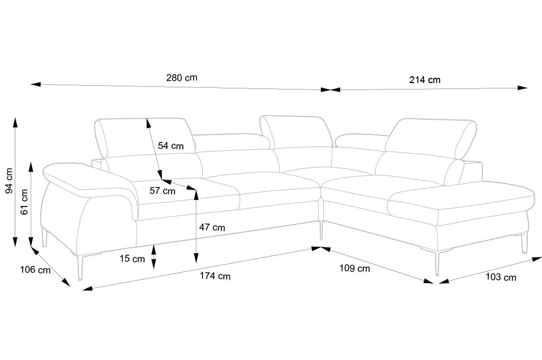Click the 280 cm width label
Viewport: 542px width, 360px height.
click(x=182, y=77)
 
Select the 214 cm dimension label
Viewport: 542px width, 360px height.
click(x=425, y=80)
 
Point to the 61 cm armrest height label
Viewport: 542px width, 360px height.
click(x=24, y=202)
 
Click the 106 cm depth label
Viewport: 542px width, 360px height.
click(x=35, y=269)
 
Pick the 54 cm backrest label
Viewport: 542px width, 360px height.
click(x=171, y=146)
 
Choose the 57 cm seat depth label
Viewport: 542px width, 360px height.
click(x=162, y=191)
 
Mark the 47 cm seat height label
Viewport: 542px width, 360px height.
click(x=212, y=227)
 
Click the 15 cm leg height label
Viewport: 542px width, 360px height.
click(x=132, y=259)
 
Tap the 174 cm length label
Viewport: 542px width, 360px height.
click(x=215, y=276)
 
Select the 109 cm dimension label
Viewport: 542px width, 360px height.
click(x=355, y=268)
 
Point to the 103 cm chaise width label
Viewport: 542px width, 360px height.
click(x=501, y=277)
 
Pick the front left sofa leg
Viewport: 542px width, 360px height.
click(x=80, y=267)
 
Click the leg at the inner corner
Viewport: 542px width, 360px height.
click(x=321, y=230)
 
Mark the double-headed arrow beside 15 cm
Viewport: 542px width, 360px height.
click(x=153, y=257)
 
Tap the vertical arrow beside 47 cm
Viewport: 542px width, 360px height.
click(x=196, y=227)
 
